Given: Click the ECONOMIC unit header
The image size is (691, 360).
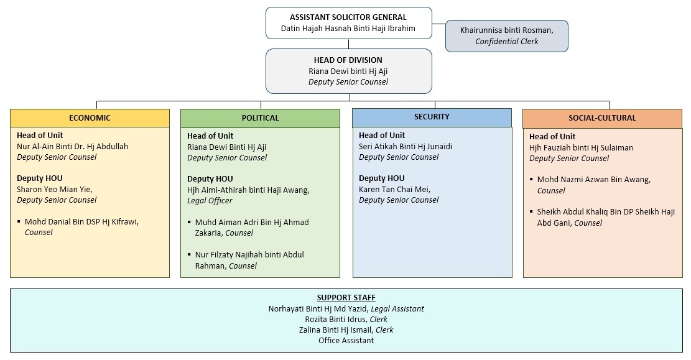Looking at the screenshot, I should click(90, 118).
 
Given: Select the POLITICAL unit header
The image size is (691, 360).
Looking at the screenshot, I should click(260, 118).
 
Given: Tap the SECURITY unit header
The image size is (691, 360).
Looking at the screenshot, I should click(432, 117).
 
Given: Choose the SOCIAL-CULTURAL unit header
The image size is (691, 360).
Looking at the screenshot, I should click(602, 118).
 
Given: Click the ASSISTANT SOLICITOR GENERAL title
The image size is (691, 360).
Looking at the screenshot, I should click(348, 17).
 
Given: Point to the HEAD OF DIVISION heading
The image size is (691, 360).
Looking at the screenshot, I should click(348, 60).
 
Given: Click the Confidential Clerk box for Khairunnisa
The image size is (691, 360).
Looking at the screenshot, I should click(506, 35).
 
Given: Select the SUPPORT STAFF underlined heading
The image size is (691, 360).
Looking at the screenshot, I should click(346, 298).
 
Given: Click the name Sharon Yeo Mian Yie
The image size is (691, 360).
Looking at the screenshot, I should click(53, 189).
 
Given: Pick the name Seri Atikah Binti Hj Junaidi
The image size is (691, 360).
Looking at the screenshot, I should click(405, 146).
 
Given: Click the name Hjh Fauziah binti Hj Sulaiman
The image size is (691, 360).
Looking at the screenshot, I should click(581, 147).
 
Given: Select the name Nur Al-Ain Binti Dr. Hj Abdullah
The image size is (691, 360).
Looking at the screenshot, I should click(72, 146).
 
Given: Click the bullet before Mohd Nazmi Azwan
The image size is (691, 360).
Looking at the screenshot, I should click(532, 179).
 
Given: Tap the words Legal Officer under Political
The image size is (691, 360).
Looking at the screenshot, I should click(210, 201).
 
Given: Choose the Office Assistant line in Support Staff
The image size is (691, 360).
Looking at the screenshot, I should click(346, 340).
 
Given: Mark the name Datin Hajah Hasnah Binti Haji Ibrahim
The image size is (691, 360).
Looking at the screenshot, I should click(348, 28).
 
